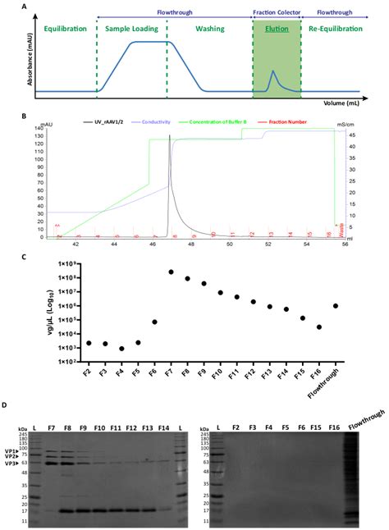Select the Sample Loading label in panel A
132,29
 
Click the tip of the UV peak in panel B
169,135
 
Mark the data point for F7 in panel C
172,272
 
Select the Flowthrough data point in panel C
335,306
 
